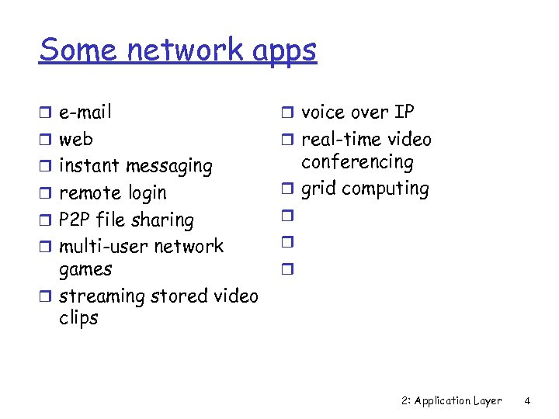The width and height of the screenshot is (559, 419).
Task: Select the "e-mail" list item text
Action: pos(85,113)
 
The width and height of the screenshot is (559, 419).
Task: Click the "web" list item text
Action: pos(76,140)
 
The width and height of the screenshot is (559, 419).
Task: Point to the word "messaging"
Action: pos(168,167)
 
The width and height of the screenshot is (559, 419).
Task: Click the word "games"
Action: pos(85,270)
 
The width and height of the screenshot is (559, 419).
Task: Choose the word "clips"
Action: pos(78,319)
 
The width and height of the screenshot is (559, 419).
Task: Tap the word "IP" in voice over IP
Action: pos(404,113)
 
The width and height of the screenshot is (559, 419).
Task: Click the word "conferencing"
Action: pos(357,163)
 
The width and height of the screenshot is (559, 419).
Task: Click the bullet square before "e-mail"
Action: pos(47,113)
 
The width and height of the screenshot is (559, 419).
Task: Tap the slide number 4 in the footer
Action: pos(527,401)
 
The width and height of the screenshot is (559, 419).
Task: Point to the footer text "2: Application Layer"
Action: pos(452,401)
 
